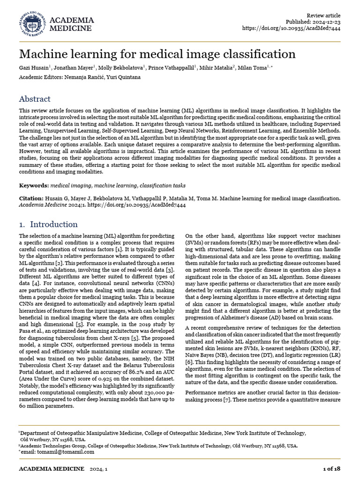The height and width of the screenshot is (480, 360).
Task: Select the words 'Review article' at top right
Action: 323,15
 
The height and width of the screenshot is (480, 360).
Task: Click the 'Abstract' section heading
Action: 35,99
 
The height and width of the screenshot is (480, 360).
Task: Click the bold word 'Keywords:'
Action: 34,186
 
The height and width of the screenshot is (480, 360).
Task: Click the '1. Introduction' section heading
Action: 48,224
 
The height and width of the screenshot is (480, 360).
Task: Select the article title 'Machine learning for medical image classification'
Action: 157,54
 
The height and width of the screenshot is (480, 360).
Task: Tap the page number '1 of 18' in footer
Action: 332,469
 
